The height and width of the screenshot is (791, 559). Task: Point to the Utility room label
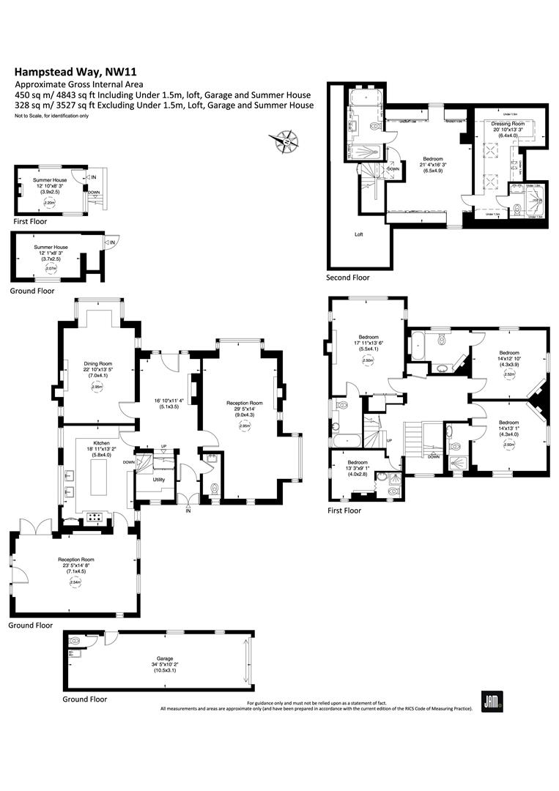click(x=159, y=480)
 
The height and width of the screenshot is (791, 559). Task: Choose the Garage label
click(x=160, y=658)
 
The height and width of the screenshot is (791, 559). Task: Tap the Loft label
click(x=359, y=235)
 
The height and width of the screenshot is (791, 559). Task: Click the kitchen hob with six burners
click(x=95, y=516)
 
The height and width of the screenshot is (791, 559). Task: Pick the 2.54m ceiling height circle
click(x=74, y=582)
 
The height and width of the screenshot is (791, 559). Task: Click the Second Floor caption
click(x=348, y=278)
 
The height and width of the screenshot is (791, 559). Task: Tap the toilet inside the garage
click(x=75, y=642)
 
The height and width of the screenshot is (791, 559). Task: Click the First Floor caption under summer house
click(x=30, y=220)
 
